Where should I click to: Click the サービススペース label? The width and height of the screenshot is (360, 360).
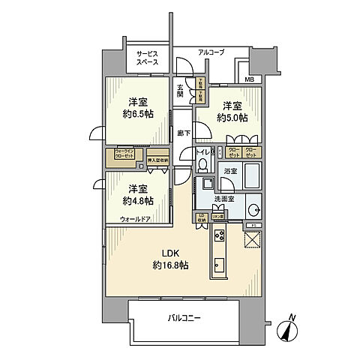click(147, 58)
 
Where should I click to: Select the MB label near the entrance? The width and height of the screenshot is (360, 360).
click(248, 79)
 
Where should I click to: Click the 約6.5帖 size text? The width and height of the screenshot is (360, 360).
click(139, 115)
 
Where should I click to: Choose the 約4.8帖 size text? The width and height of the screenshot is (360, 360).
click(139, 201)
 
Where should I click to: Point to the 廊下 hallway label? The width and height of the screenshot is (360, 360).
click(183, 133)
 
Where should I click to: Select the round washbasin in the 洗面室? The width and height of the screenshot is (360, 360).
click(254, 209)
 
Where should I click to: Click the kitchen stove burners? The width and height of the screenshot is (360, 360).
click(218, 240)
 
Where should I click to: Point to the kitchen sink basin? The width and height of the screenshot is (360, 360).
click(218, 265)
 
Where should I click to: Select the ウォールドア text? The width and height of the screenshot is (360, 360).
click(135, 219)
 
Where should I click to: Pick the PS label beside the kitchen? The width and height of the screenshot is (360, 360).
click(253, 225)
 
